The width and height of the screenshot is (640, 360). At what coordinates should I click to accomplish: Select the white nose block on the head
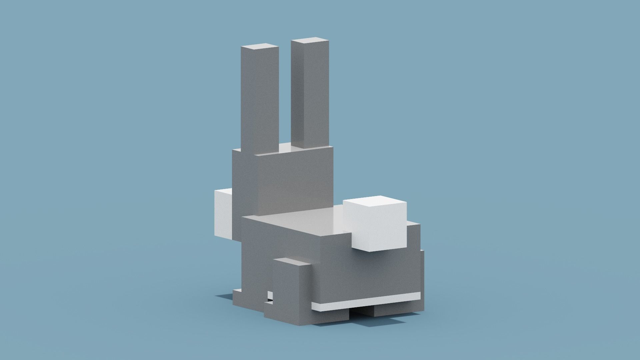(223, 213)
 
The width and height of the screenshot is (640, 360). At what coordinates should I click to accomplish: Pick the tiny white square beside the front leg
(270, 295)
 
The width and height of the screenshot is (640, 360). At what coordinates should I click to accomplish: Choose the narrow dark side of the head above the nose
(245, 177)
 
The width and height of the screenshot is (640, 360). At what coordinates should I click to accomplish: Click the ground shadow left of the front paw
(223, 296)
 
